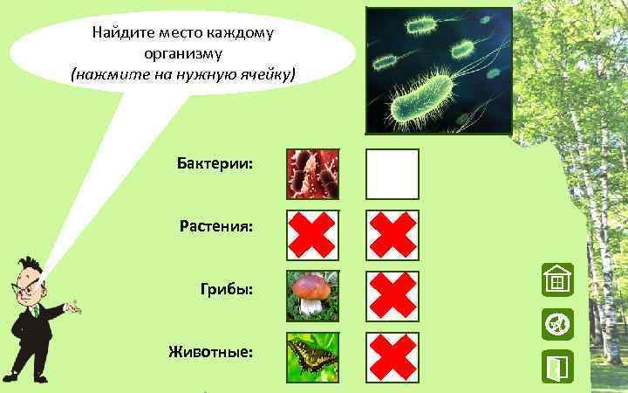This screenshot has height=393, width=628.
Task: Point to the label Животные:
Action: pos(211,352)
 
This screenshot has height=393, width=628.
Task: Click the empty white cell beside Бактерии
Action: pos(392,174)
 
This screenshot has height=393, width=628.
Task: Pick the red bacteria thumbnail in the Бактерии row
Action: pos(313,174)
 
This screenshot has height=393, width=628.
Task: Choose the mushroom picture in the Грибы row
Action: pos(313,296)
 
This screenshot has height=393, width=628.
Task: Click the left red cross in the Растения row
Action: pos(313,235)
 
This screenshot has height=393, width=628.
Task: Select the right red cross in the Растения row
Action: pos(392,235)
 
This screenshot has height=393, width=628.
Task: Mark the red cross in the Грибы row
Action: pos(392,296)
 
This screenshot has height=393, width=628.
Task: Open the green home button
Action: pos(556,280)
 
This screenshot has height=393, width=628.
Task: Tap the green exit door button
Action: pos(556,367)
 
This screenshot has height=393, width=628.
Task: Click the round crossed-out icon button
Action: pos(556,324)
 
